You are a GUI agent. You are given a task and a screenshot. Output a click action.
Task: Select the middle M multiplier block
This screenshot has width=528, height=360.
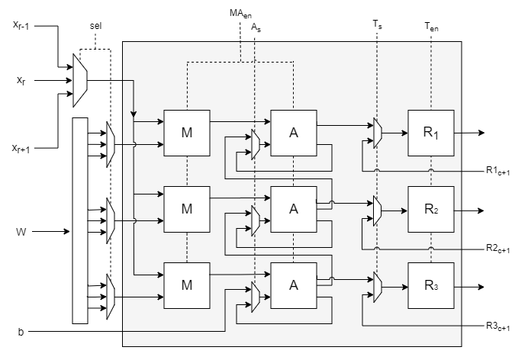[187, 209]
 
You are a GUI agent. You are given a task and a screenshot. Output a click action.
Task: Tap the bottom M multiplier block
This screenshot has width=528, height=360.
[187, 284]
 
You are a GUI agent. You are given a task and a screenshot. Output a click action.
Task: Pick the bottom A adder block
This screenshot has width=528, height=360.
[293, 284]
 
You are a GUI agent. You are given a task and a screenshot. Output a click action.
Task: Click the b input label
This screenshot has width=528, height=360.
[21, 333]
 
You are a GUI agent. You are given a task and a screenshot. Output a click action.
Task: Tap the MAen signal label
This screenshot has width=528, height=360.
[241, 13]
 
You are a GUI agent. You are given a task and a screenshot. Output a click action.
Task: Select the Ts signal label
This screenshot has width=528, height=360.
[377, 24]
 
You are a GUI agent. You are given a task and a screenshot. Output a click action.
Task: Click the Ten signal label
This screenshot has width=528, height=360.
[431, 26]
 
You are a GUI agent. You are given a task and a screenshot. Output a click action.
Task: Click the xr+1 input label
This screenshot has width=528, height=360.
[23, 147]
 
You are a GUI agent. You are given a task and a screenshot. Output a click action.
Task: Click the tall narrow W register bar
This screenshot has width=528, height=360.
[79, 220]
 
